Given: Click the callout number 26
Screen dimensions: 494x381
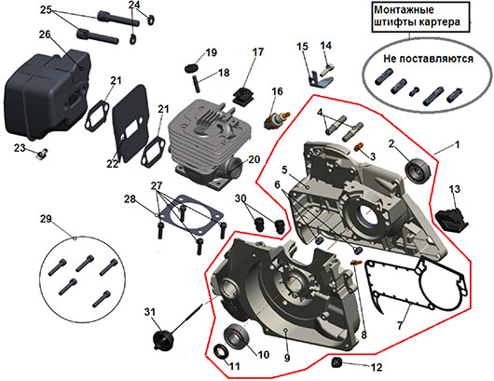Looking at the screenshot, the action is pyautogui.click(x=45, y=34).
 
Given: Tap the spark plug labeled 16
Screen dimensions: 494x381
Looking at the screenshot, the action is pyautogui.click(x=277, y=120).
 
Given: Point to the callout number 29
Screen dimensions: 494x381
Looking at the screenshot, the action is pyautogui.click(x=46, y=219).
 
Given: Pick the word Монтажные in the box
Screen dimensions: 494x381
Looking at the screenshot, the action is pyautogui.click(x=404, y=9).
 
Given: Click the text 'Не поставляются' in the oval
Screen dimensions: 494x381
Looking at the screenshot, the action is pyautogui.click(x=428, y=59).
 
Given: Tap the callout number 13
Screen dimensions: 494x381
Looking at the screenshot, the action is pyautogui.click(x=454, y=189).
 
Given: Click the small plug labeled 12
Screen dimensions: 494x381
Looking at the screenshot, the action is pyautogui.click(x=337, y=362).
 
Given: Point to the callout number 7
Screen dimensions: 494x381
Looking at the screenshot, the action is pyautogui.click(x=400, y=324).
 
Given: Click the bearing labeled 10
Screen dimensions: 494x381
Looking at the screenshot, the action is pyautogui.click(x=237, y=336).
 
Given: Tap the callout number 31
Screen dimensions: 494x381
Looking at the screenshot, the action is pyautogui.click(x=150, y=312).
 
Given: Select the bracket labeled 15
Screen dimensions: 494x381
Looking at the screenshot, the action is pyautogui.click(x=319, y=79).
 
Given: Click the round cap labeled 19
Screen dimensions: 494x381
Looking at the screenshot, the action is pyautogui.click(x=191, y=67).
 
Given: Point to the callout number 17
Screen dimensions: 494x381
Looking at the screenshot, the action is pyautogui.click(x=257, y=52).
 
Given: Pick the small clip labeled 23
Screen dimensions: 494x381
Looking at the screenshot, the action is pyautogui.click(x=41, y=154).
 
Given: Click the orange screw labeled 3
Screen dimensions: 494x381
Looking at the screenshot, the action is pyautogui.click(x=359, y=146).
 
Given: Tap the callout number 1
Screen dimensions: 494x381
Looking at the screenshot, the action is pyautogui.click(x=457, y=145).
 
